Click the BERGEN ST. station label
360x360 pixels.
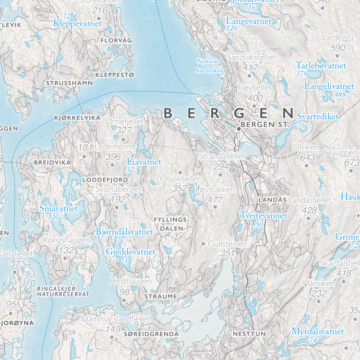point(264,124)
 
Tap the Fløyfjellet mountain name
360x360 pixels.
point(255,88)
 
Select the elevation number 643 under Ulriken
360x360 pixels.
point(307,157)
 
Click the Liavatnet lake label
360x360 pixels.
point(144,162)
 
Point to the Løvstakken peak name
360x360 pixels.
point(216,190)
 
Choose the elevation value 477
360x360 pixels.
point(216,200)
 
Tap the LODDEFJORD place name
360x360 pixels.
point(105,180)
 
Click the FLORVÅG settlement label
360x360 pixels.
point(116,40)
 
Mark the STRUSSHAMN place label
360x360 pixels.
point(69,83)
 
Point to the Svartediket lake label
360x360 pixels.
point(317,116)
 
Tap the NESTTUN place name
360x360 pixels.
point(249,333)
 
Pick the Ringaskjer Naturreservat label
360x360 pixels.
point(63,291)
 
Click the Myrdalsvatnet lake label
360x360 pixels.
point(317,332)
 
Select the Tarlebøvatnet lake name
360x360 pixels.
point(321,65)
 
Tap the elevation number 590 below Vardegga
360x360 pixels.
point(337,48)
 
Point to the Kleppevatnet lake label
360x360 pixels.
point(78,23)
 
